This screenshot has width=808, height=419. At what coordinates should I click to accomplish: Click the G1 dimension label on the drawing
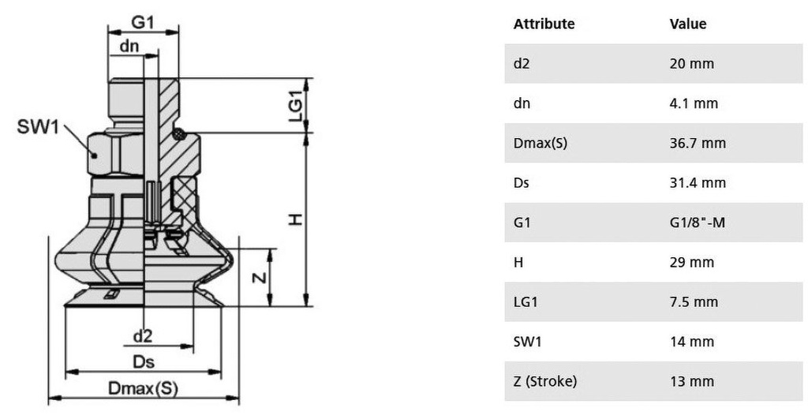[142, 22]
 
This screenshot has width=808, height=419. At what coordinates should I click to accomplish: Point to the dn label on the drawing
[129, 46]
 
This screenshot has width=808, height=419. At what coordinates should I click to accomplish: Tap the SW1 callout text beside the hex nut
[39, 126]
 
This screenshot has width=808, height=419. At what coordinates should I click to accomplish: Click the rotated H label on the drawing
[295, 219]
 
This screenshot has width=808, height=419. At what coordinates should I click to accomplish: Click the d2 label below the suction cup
[143, 336]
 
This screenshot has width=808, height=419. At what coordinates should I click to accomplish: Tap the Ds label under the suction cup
[144, 362]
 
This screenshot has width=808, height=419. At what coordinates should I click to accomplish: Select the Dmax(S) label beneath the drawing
[143, 388]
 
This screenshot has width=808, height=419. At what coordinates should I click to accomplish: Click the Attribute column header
[544, 24]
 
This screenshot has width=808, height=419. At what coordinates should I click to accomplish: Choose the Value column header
[688, 24]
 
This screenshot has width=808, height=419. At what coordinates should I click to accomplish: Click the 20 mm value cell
[691, 64]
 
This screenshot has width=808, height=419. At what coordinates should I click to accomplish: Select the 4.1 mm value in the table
[694, 103]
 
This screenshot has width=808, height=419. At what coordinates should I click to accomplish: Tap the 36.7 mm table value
[698, 144]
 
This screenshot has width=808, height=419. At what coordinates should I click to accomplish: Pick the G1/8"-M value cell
[698, 223]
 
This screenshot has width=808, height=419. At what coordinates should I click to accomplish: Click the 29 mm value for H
[691, 262]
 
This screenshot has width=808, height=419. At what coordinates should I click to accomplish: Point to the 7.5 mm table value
[694, 302]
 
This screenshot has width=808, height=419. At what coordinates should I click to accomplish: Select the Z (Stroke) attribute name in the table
[544, 381]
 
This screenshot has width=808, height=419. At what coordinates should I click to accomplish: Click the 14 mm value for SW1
[691, 342]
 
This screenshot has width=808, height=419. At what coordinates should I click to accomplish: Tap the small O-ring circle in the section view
[178, 134]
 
